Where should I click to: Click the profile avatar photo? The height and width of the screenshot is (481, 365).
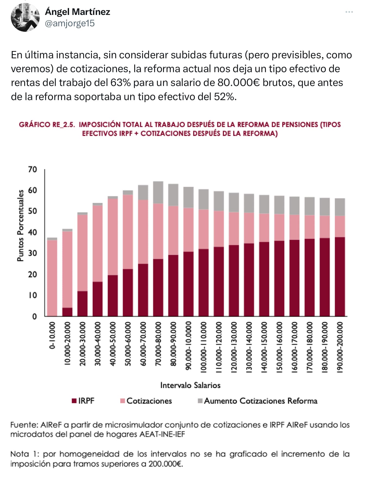click(x=25, y=17)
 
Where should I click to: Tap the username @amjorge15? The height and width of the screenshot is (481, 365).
click(x=70, y=23)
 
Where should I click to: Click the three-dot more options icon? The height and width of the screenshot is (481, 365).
click(x=349, y=12)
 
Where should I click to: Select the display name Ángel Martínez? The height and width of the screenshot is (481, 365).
click(x=77, y=12)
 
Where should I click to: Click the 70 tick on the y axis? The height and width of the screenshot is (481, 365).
click(x=32, y=169)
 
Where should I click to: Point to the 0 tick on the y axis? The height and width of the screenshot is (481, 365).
click(x=34, y=316)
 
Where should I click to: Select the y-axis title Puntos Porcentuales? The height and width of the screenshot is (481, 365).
click(x=20, y=225)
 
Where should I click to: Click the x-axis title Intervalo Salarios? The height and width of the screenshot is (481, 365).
click(x=190, y=385)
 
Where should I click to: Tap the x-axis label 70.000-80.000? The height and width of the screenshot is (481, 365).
click(x=158, y=343)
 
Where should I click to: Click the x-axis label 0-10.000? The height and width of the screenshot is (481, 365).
click(x=52, y=335)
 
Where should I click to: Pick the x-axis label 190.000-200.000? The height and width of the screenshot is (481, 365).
click(x=340, y=347)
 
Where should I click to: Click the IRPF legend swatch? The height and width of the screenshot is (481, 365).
click(x=74, y=401)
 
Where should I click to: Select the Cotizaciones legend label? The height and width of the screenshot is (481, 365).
click(x=149, y=401)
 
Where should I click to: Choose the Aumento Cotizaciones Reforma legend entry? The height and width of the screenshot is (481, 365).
click(x=257, y=401)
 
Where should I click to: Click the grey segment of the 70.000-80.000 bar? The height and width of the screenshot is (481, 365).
click(x=158, y=192)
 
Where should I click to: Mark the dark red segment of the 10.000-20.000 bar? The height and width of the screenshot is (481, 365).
click(x=67, y=312)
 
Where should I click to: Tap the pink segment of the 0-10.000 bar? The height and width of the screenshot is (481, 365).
click(x=52, y=278)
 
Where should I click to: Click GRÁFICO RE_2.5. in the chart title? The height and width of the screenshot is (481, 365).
click(x=47, y=125)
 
